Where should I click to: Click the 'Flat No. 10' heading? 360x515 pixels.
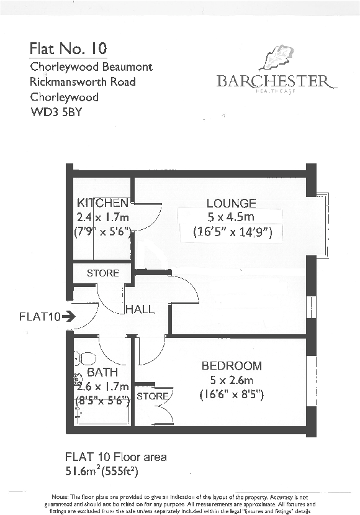pyautogui.click(x=68, y=48)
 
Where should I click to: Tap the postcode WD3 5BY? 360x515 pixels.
pyautogui.click(x=56, y=112)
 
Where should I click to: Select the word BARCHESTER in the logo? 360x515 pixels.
pyautogui.click(x=273, y=81)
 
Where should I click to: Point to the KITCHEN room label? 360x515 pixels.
pyautogui.click(x=102, y=203)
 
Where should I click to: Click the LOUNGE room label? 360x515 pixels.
pyautogui.click(x=231, y=203)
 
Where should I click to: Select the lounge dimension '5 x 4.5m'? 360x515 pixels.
pyautogui.click(x=231, y=217)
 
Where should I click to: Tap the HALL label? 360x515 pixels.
pyautogui.click(x=140, y=309)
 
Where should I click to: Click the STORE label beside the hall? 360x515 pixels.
pyautogui.click(x=102, y=273)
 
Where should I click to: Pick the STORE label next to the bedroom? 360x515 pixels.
pyautogui.click(x=152, y=396)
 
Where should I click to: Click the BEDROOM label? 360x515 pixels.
pyautogui.click(x=232, y=366)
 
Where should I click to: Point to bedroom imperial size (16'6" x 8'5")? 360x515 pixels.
pyautogui.click(x=232, y=394)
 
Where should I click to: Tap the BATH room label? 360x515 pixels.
pyautogui.click(x=99, y=373)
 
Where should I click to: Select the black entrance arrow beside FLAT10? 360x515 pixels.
pyautogui.click(x=68, y=317)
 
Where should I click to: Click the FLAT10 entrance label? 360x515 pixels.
pyautogui.click(x=38, y=317)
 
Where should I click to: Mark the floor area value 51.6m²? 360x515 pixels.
pyautogui.click(x=86, y=470)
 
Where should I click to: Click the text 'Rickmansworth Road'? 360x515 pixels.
pyautogui.click(x=83, y=82)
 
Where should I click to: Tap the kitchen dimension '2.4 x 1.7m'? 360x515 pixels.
pyautogui.click(x=102, y=217)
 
